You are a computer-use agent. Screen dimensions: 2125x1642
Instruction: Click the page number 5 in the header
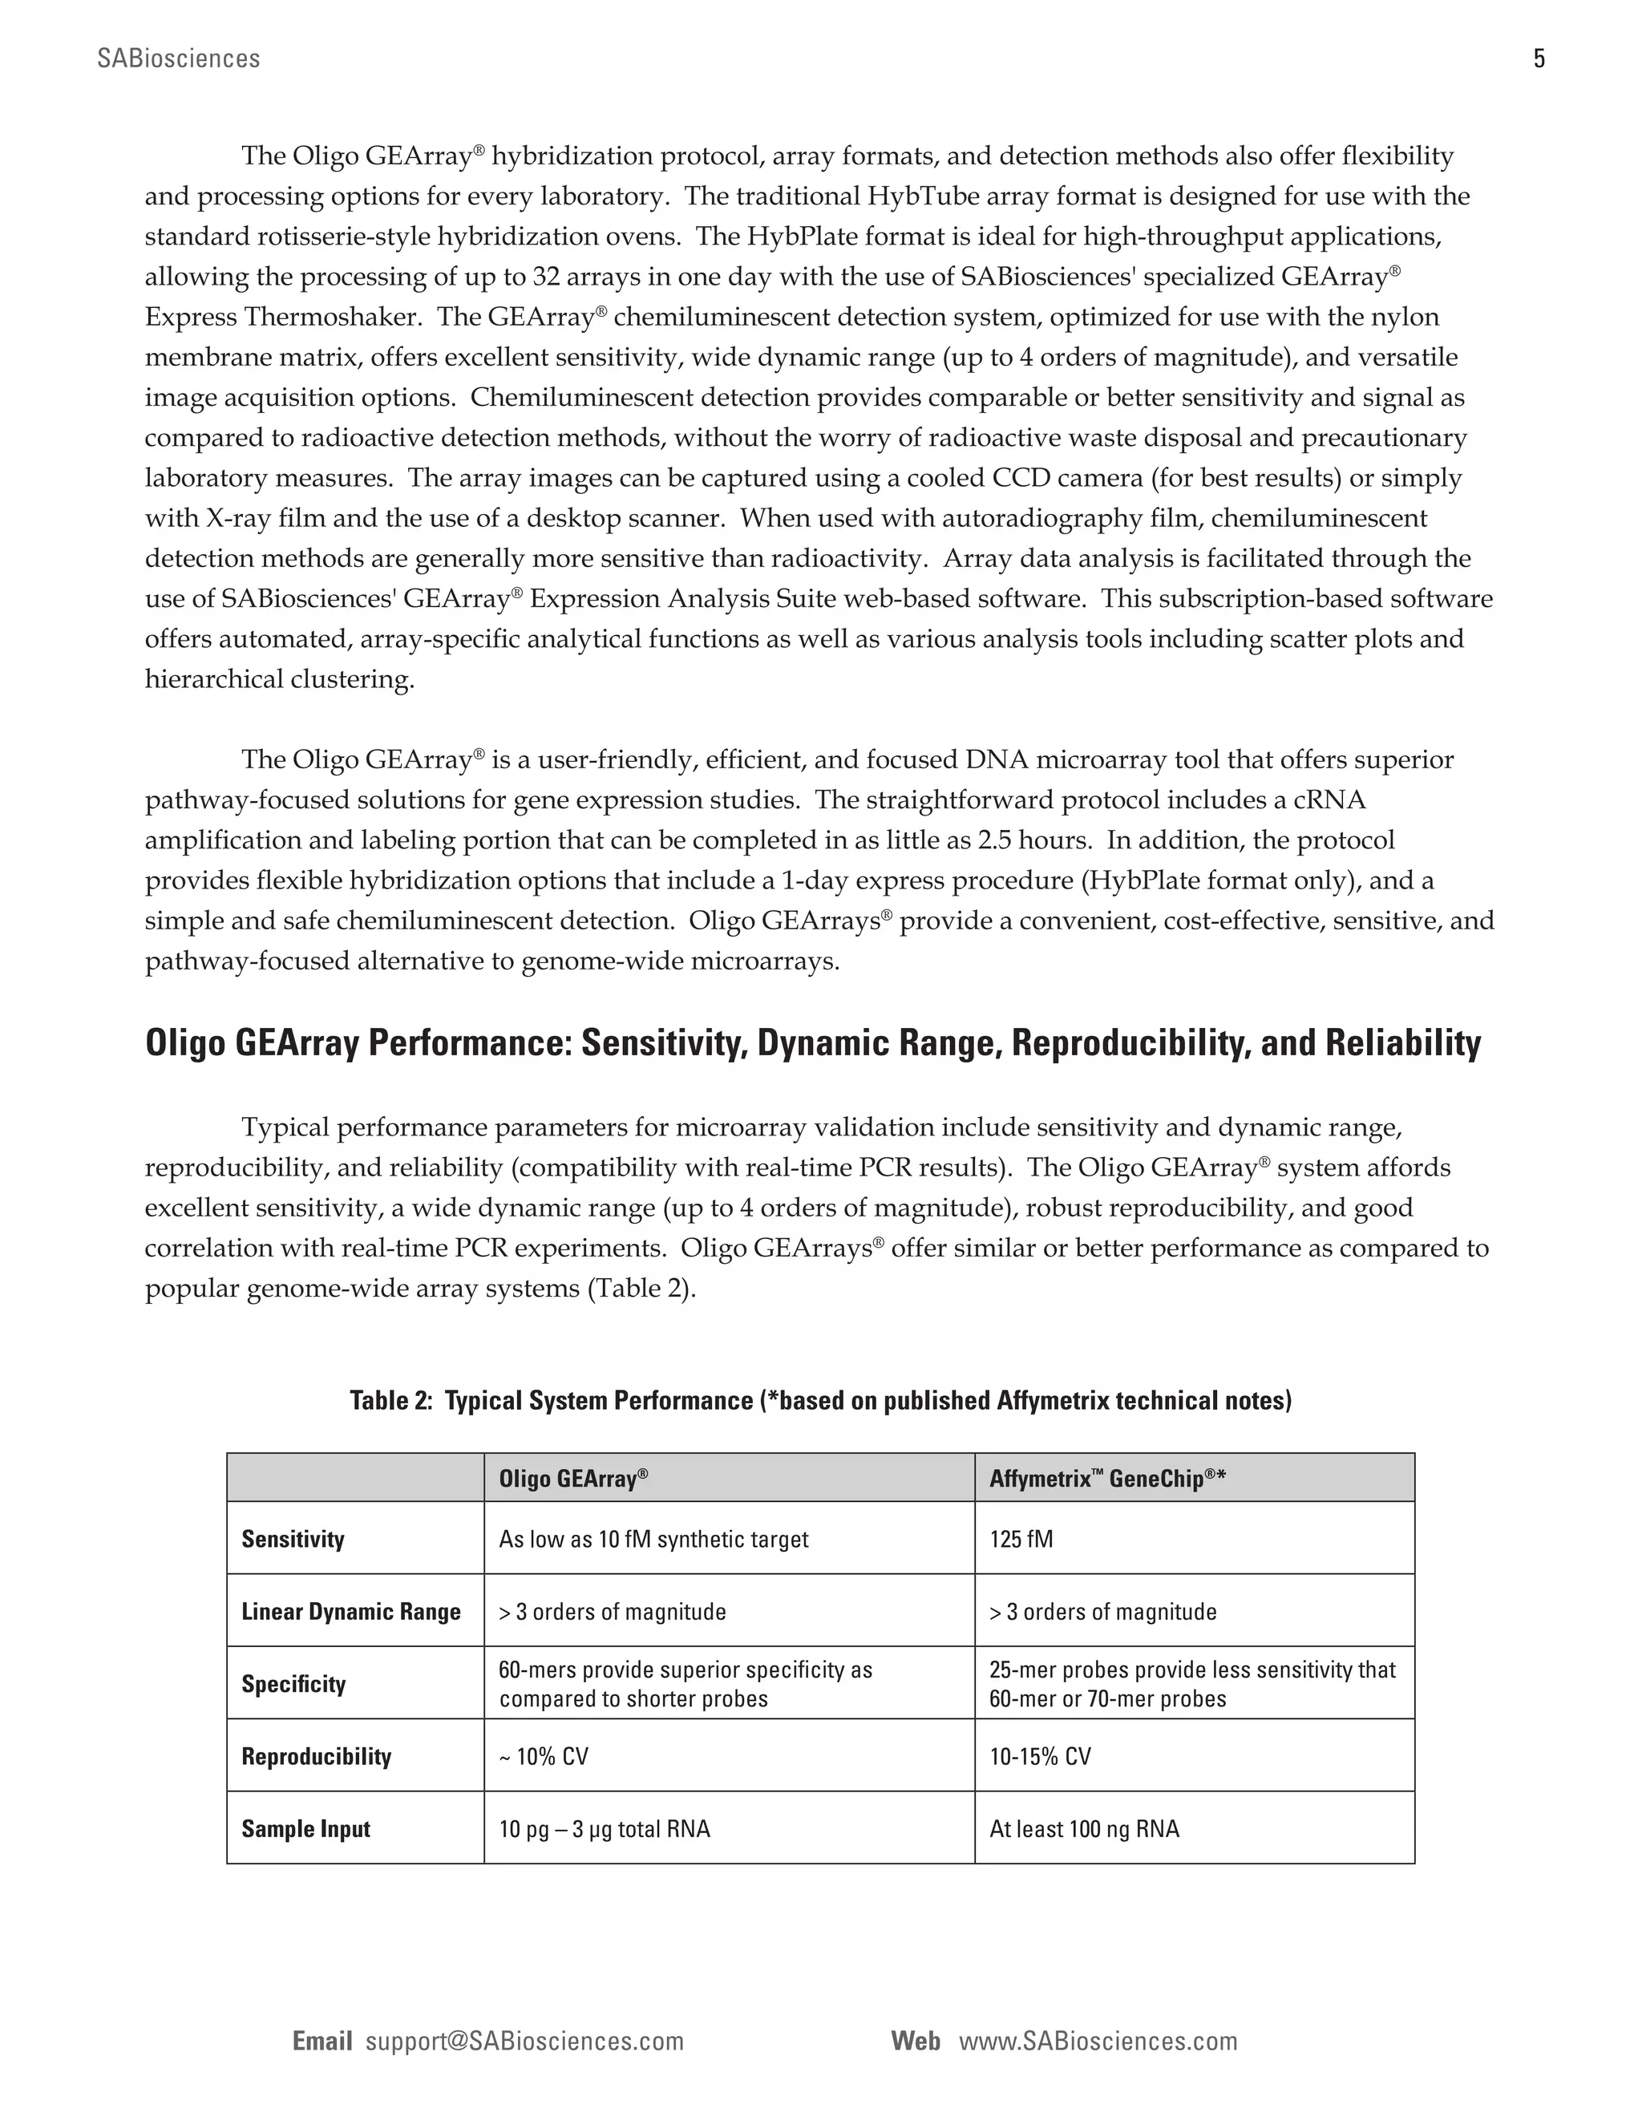pyautogui.click(x=1538, y=59)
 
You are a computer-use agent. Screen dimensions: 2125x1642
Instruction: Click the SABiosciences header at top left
pyautogui.click(x=179, y=59)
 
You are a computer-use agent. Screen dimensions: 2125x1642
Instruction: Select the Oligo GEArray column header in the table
pyautogui.click(x=573, y=1479)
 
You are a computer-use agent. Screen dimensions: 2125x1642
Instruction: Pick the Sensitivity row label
pyautogui.click(x=293, y=1540)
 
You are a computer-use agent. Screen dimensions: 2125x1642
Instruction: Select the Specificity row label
pyautogui.click(x=293, y=1684)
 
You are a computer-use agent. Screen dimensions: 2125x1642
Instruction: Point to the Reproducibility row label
pyautogui.click(x=316, y=1756)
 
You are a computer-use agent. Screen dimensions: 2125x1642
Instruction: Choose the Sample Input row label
pyautogui.click(x=305, y=1829)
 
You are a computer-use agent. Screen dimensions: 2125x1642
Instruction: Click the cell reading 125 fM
pyautogui.click(x=1021, y=1540)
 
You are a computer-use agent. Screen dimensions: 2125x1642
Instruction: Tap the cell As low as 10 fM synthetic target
pyautogui.click(x=653, y=1540)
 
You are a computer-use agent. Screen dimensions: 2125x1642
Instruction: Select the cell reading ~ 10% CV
pyautogui.click(x=544, y=1756)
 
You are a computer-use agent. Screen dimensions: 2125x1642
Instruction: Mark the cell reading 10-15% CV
pyautogui.click(x=1040, y=1756)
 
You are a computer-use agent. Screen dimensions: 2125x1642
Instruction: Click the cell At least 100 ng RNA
pyautogui.click(x=1084, y=1829)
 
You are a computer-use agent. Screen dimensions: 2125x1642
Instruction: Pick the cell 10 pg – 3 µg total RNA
pyautogui.click(x=604, y=1829)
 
